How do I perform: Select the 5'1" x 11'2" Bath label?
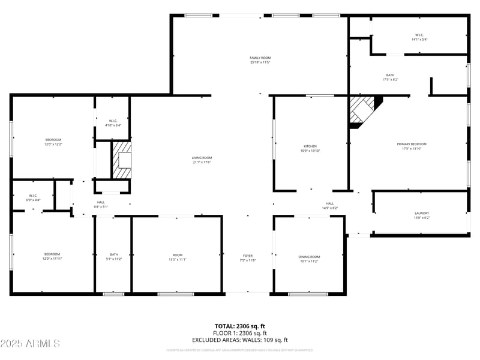(114, 257)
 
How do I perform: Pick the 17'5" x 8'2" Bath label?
(390, 77)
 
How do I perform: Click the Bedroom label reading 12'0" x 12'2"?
(53, 142)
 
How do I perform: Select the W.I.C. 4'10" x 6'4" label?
(113, 123)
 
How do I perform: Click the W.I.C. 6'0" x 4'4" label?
(33, 197)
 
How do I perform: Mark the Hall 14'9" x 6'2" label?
(330, 206)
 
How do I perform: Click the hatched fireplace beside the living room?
(122, 160)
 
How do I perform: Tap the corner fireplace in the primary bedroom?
(362, 111)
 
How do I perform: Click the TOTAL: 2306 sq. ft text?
(239, 326)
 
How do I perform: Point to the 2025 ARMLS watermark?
(30, 344)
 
